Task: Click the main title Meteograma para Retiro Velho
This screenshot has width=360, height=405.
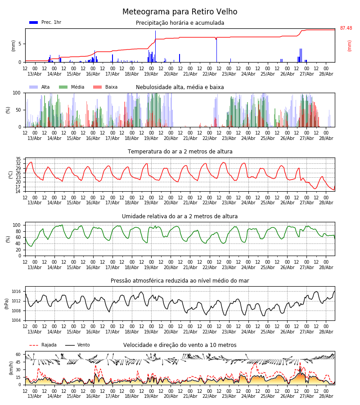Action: tap(180, 12)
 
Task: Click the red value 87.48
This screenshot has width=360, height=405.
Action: tap(346, 28)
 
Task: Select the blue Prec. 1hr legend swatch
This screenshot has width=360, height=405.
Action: tap(34, 22)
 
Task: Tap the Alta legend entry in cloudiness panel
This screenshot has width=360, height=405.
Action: tap(40, 87)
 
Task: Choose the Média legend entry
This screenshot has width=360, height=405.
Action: tap(72, 87)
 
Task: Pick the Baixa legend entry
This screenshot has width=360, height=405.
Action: tap(105, 87)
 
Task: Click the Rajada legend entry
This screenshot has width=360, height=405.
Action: tap(43, 345)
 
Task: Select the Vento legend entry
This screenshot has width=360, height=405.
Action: tap(77, 345)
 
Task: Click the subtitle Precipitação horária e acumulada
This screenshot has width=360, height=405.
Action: tap(180, 23)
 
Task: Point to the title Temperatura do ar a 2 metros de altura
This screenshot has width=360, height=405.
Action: tap(180, 152)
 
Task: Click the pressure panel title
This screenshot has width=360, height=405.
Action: tap(180, 281)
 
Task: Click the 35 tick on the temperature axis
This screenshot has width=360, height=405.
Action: tap(18, 159)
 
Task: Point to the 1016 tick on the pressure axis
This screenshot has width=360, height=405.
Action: tap(16, 292)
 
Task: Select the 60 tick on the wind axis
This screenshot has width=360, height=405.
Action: tap(18, 355)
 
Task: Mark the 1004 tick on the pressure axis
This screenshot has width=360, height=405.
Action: tap(16, 320)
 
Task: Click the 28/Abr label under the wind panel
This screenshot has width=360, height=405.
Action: tap(326, 396)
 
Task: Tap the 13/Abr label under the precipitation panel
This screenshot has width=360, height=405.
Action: tap(35, 74)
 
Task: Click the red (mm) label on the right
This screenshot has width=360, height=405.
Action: tap(349, 46)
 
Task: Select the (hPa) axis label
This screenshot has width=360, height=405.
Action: tap(7, 304)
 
